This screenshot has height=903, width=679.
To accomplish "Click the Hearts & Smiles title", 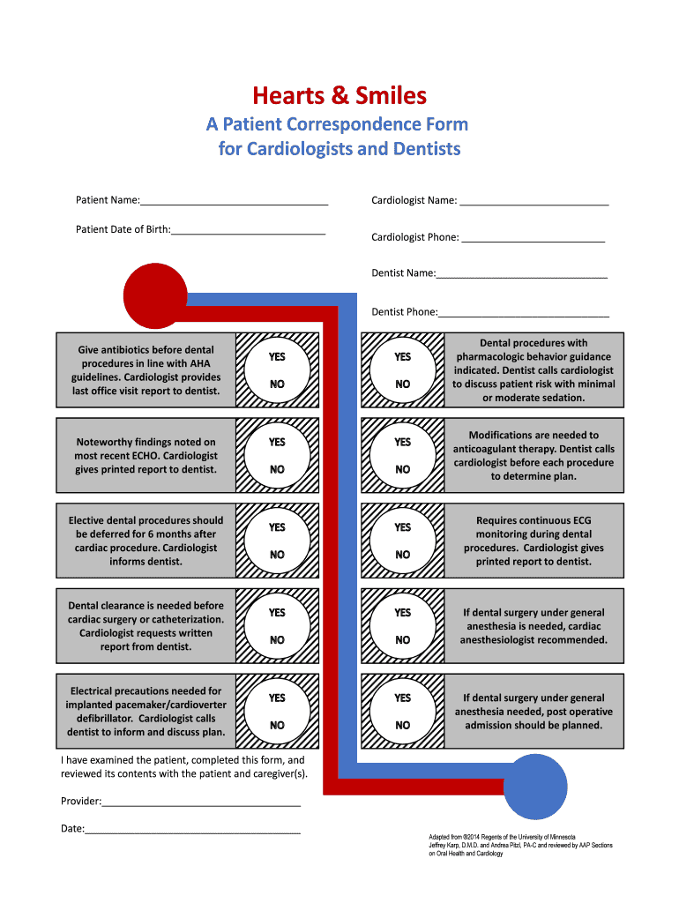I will coord(339,95).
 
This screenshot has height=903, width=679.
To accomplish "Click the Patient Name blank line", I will coord(234,202).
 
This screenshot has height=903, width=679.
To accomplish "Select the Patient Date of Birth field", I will coord(248,231).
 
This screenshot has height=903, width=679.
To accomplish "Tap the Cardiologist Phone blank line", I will coord(533,239).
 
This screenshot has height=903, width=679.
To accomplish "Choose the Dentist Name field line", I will coord(521,275).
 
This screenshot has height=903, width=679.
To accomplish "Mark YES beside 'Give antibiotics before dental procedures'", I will coord(277,357).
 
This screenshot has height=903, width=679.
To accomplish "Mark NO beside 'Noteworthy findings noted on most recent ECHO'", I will coord(277,470).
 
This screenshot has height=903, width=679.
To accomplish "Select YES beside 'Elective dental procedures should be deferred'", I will coord(277,527).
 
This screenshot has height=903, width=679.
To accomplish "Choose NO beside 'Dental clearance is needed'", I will coord(277,640).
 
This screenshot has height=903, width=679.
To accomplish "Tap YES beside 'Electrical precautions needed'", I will coord(277,698).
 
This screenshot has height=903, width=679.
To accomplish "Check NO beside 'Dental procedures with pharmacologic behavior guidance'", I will coord(403,384).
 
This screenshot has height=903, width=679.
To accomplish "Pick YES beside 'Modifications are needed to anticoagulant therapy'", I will coord(403,442).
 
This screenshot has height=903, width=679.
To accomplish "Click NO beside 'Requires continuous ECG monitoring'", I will coord(403,555).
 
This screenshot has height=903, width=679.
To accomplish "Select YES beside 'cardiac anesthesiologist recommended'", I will coord(403,612).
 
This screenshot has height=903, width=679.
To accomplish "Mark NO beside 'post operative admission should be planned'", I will coord(403,726).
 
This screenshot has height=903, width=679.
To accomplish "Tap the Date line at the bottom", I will coord(192,831).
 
